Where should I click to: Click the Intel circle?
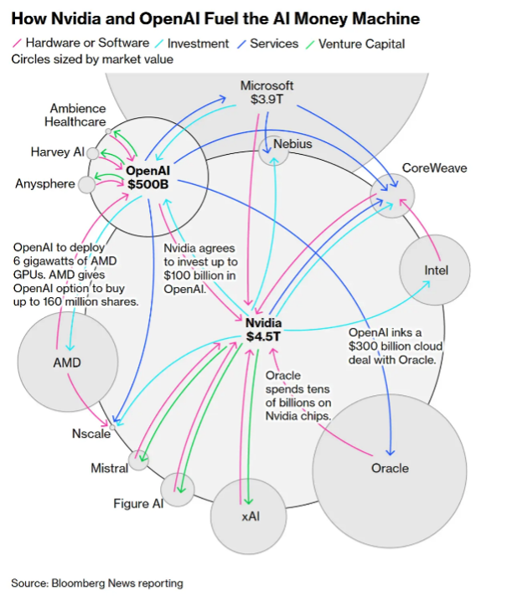(436, 270)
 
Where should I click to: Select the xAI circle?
(250, 516)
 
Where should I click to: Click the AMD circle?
(67, 363)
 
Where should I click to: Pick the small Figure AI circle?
(178, 489)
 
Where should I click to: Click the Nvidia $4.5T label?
(263, 330)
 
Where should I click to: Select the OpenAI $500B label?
(148, 177)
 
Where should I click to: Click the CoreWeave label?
(434, 168)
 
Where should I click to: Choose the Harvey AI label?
(57, 152)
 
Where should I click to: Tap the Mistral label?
(109, 467)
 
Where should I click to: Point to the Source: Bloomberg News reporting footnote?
(96, 583)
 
